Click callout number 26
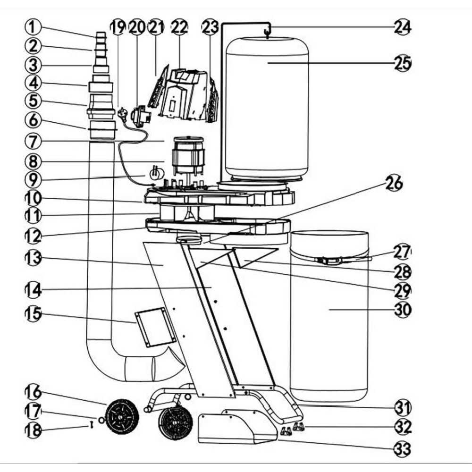pos(394,183)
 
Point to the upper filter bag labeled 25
pos(267,109)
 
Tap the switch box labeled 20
pos(140,116)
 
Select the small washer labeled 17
pos(101,420)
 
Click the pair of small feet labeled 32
pos(292,429)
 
